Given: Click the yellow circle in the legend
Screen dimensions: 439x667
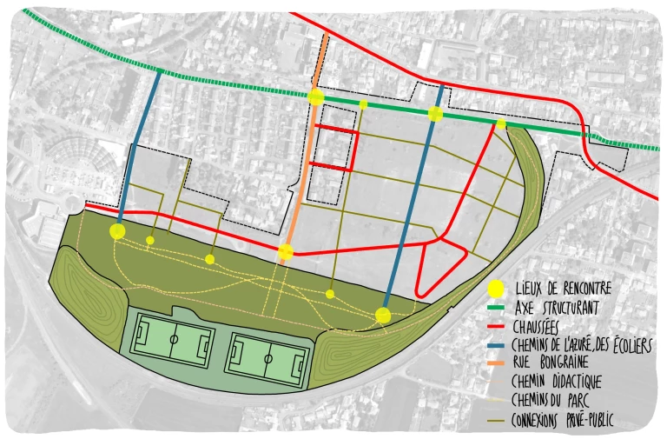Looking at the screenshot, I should pyautogui.click(x=495, y=289).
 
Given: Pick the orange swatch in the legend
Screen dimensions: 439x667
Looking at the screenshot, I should pyautogui.click(x=496, y=363).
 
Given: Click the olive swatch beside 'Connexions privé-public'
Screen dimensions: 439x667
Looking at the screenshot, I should pyautogui.click(x=496, y=419).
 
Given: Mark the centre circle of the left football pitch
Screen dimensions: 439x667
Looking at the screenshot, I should pyautogui.click(x=173, y=339).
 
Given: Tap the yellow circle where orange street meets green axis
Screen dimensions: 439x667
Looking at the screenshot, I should pyautogui.click(x=316, y=97).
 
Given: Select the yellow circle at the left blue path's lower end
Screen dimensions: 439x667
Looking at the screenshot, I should pyautogui.click(x=117, y=231).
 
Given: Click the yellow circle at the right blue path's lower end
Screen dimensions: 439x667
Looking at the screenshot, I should pyautogui.click(x=383, y=316).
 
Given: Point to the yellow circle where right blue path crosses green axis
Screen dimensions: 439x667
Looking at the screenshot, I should pyautogui.click(x=436, y=114).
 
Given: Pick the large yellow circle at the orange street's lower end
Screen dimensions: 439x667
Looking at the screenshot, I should pyautogui.click(x=285, y=253).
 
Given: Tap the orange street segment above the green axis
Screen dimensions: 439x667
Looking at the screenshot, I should pyautogui.click(x=323, y=57).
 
